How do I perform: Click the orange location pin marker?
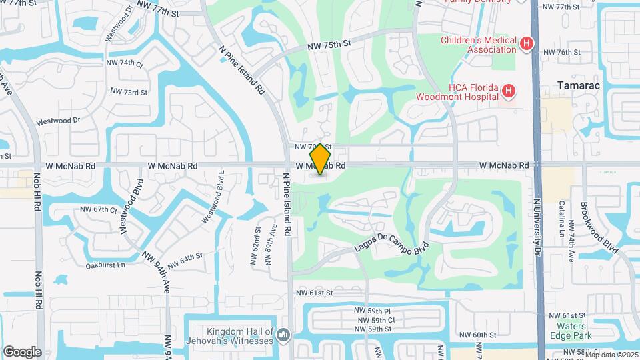point(321,159)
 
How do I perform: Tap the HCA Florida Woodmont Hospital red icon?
point(508,91)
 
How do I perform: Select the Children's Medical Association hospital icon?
point(526,45)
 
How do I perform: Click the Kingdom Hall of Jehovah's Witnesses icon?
point(283,333)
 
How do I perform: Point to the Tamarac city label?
point(579,86)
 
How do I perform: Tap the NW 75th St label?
point(329,45)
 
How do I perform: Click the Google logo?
point(22,351)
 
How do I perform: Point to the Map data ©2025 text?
point(611,355)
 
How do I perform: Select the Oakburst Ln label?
point(105,265)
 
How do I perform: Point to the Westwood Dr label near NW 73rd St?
point(57,121)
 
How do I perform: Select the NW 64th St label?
point(185,261)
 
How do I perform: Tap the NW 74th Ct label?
point(127,65)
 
